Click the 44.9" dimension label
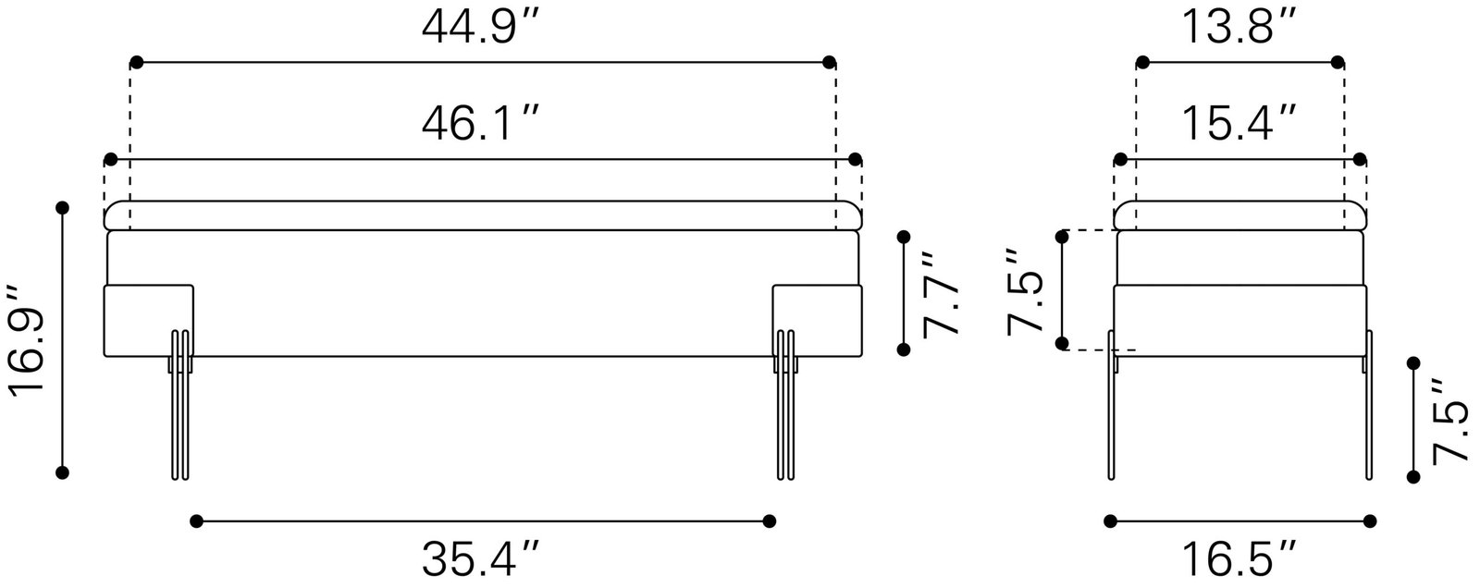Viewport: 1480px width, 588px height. [481, 28]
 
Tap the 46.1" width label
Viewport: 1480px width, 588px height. [481, 124]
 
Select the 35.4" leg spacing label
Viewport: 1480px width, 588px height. [481, 559]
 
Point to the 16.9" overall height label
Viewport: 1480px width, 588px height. [27, 340]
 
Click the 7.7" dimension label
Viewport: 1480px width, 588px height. [940, 293]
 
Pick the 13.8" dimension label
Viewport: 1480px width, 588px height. [1239, 28]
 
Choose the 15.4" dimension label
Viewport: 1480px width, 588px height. [1239, 124]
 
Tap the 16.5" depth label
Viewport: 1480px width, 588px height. [1239, 559]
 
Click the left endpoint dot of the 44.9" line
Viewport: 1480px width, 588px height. [136, 63]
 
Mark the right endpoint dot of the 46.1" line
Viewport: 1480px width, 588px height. [855, 159]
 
